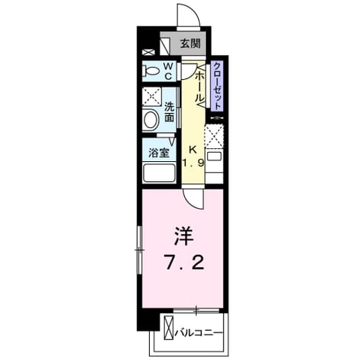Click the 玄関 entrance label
[x=190, y=44]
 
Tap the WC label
[x=168, y=71]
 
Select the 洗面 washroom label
[x=169, y=112]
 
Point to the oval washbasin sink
[x=150, y=120]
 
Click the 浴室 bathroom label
[x=159, y=153]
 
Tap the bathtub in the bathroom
[x=159, y=173]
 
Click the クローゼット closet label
[x=216, y=86]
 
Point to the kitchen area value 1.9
[x=193, y=163]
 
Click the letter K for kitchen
[x=193, y=150]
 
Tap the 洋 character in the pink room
[x=184, y=236]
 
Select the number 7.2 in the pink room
[x=185, y=263]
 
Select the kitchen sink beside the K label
[x=214, y=156]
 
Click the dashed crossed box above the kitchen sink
[x=213, y=136]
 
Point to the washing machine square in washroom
[x=152, y=97]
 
